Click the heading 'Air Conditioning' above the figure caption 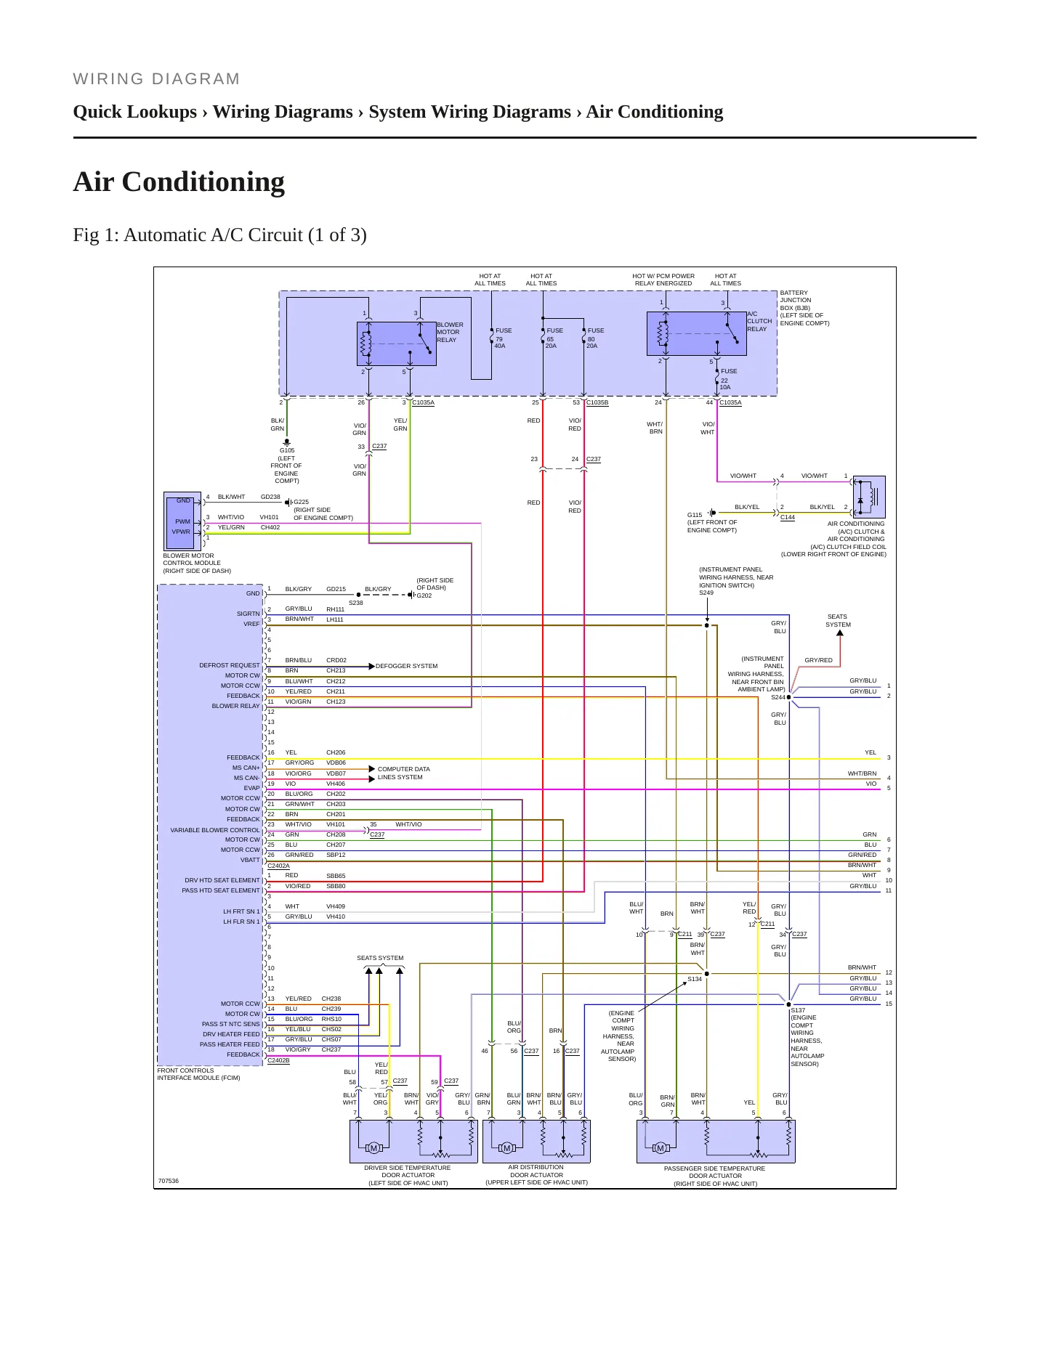tap(179, 182)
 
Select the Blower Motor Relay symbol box tap(397, 343)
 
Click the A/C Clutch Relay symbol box tap(696, 333)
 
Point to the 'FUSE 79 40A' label tap(503, 338)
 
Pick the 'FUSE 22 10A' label tap(728, 379)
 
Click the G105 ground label tap(287, 450)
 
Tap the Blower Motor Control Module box tap(183, 521)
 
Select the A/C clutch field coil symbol tap(868, 497)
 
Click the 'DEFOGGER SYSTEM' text tap(406, 666)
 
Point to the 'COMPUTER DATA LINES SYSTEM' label tap(403, 773)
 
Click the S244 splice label tap(778, 697)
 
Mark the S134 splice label tap(695, 979)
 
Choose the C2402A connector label tap(278, 866)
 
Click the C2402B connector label tap(278, 1060)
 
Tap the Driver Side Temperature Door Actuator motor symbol tap(373, 1148)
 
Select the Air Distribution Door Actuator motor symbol tap(506, 1148)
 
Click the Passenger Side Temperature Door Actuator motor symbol tap(660, 1148)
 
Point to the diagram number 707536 tap(169, 1181)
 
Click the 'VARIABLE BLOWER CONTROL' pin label tap(215, 830)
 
